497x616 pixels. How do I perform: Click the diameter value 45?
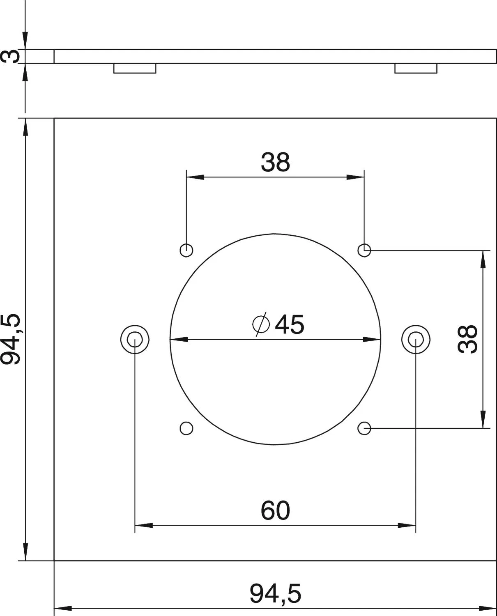[x=289, y=324]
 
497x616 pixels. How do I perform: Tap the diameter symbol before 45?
[x=261, y=324]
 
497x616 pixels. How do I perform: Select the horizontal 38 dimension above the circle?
[x=276, y=162]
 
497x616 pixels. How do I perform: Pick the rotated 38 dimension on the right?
[x=467, y=339]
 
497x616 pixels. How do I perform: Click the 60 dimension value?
[x=276, y=510]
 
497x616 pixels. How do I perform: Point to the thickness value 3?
[x=10, y=56]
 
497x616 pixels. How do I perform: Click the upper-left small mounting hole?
[x=186, y=251]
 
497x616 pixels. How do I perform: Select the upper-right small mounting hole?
[x=364, y=251]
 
